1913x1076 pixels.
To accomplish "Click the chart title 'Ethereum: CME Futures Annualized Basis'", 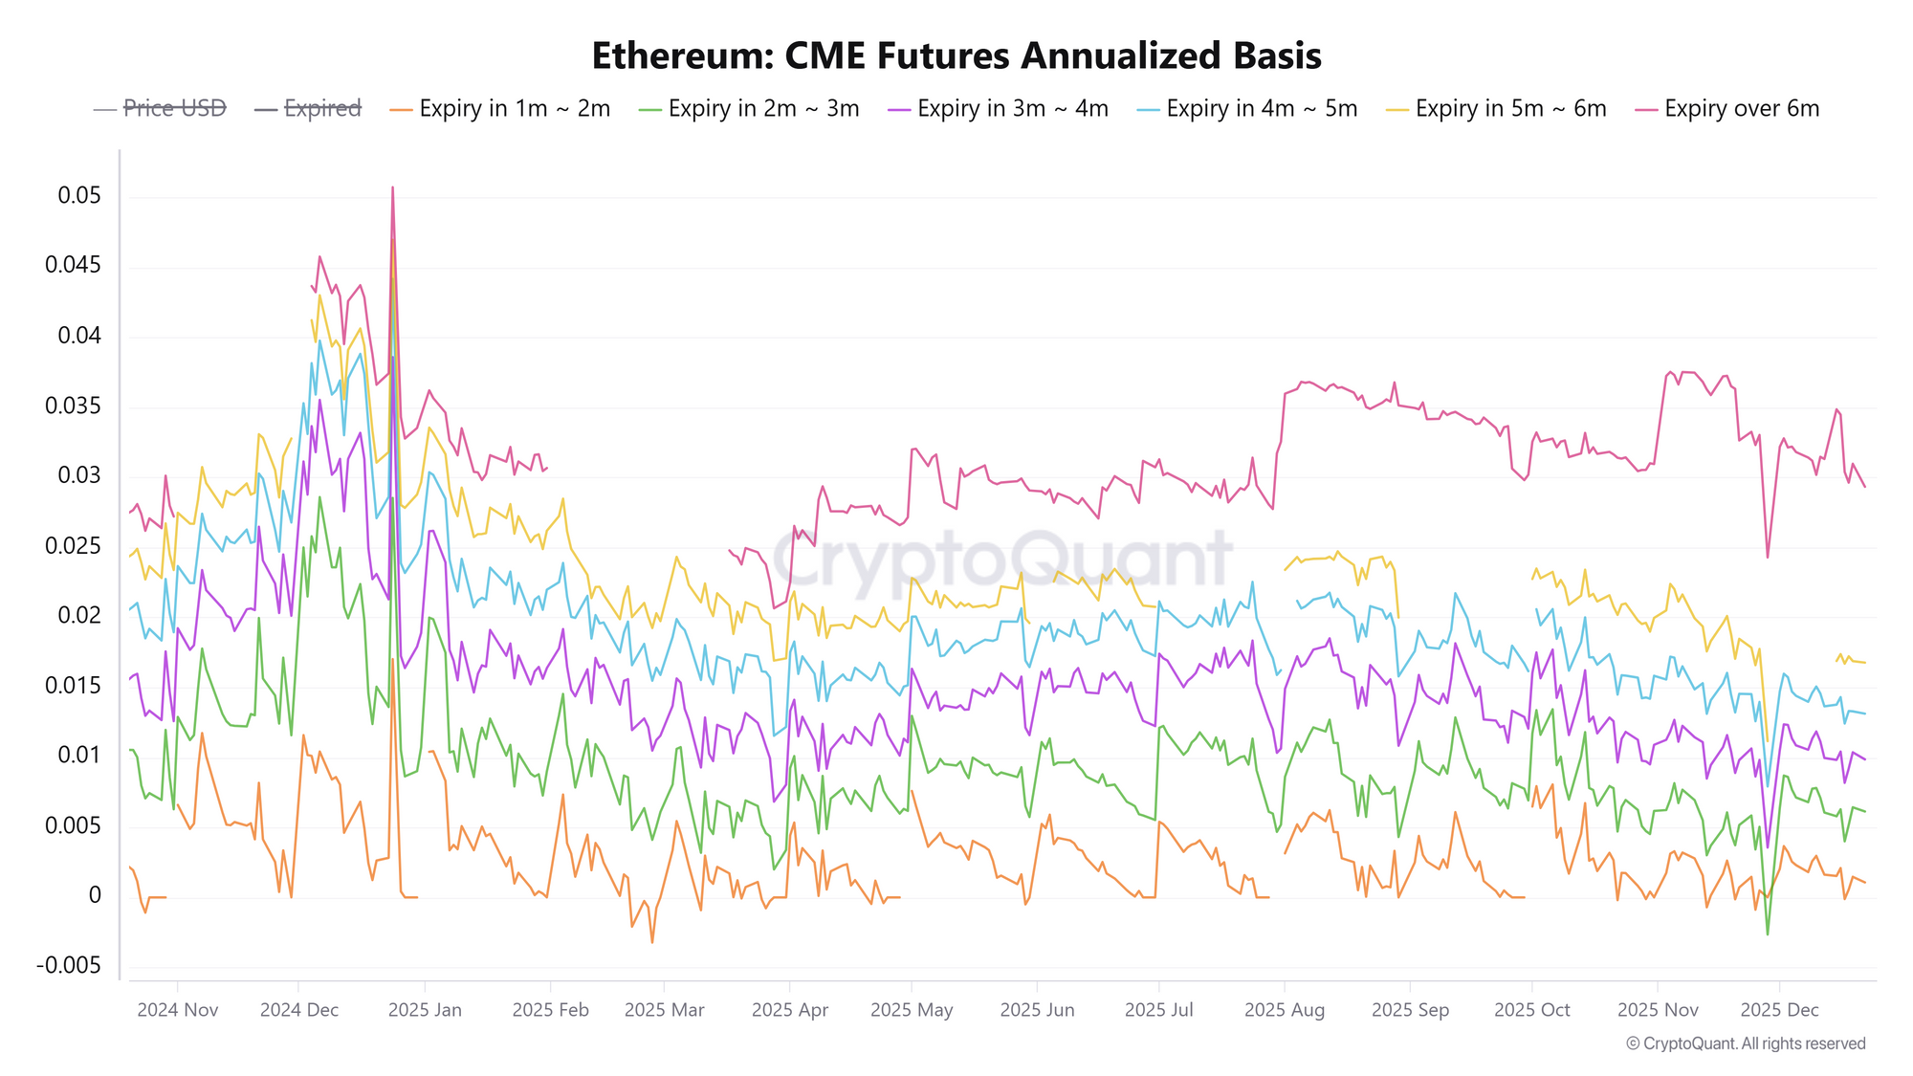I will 956,55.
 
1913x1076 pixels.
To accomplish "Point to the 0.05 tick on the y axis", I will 79,196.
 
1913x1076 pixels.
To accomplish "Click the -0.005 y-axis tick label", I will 69,965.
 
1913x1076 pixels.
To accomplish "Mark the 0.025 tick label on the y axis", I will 74,546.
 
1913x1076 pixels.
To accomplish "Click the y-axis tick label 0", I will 95,895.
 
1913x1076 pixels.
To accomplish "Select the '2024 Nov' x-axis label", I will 178,1010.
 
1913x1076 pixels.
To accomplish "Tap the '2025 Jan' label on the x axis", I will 425,1010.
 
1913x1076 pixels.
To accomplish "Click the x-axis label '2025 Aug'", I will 1285,1010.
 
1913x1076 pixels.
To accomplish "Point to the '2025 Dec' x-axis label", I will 1779,1010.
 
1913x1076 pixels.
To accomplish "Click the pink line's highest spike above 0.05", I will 392,188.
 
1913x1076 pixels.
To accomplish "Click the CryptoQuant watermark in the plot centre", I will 1002,560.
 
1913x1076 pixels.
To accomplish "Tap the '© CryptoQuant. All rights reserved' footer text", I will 1746,1043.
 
